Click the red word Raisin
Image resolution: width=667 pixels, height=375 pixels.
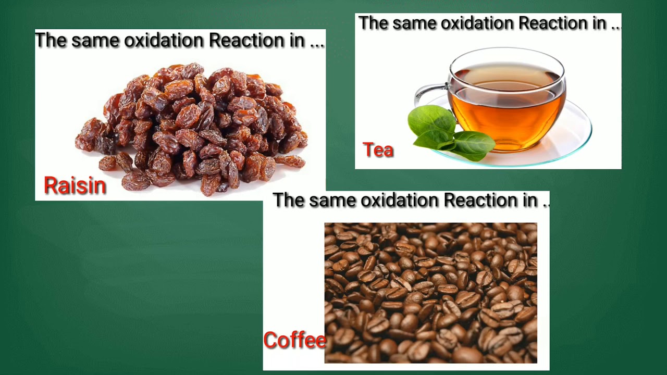[75, 186]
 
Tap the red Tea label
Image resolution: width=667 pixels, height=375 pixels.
[378, 150]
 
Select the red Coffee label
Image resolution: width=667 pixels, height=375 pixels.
[294, 340]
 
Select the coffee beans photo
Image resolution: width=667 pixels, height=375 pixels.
[430, 293]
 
